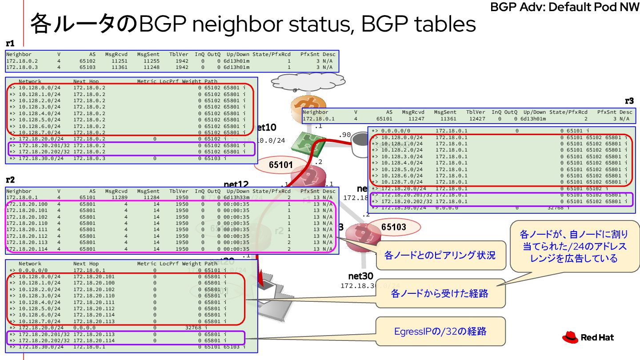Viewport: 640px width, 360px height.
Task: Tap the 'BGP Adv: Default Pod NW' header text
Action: coord(564,7)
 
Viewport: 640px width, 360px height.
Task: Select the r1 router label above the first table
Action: coord(10,44)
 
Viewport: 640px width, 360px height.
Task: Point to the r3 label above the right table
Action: coord(629,101)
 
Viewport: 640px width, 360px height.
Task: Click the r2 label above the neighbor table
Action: coord(10,180)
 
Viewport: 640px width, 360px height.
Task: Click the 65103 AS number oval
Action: coord(393,227)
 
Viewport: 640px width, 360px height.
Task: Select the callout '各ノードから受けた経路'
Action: coord(440,293)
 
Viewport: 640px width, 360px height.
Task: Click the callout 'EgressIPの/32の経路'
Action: coord(440,331)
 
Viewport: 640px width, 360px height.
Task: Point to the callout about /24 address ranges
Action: coord(574,246)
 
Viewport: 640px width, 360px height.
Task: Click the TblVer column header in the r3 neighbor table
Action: coord(476,112)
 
